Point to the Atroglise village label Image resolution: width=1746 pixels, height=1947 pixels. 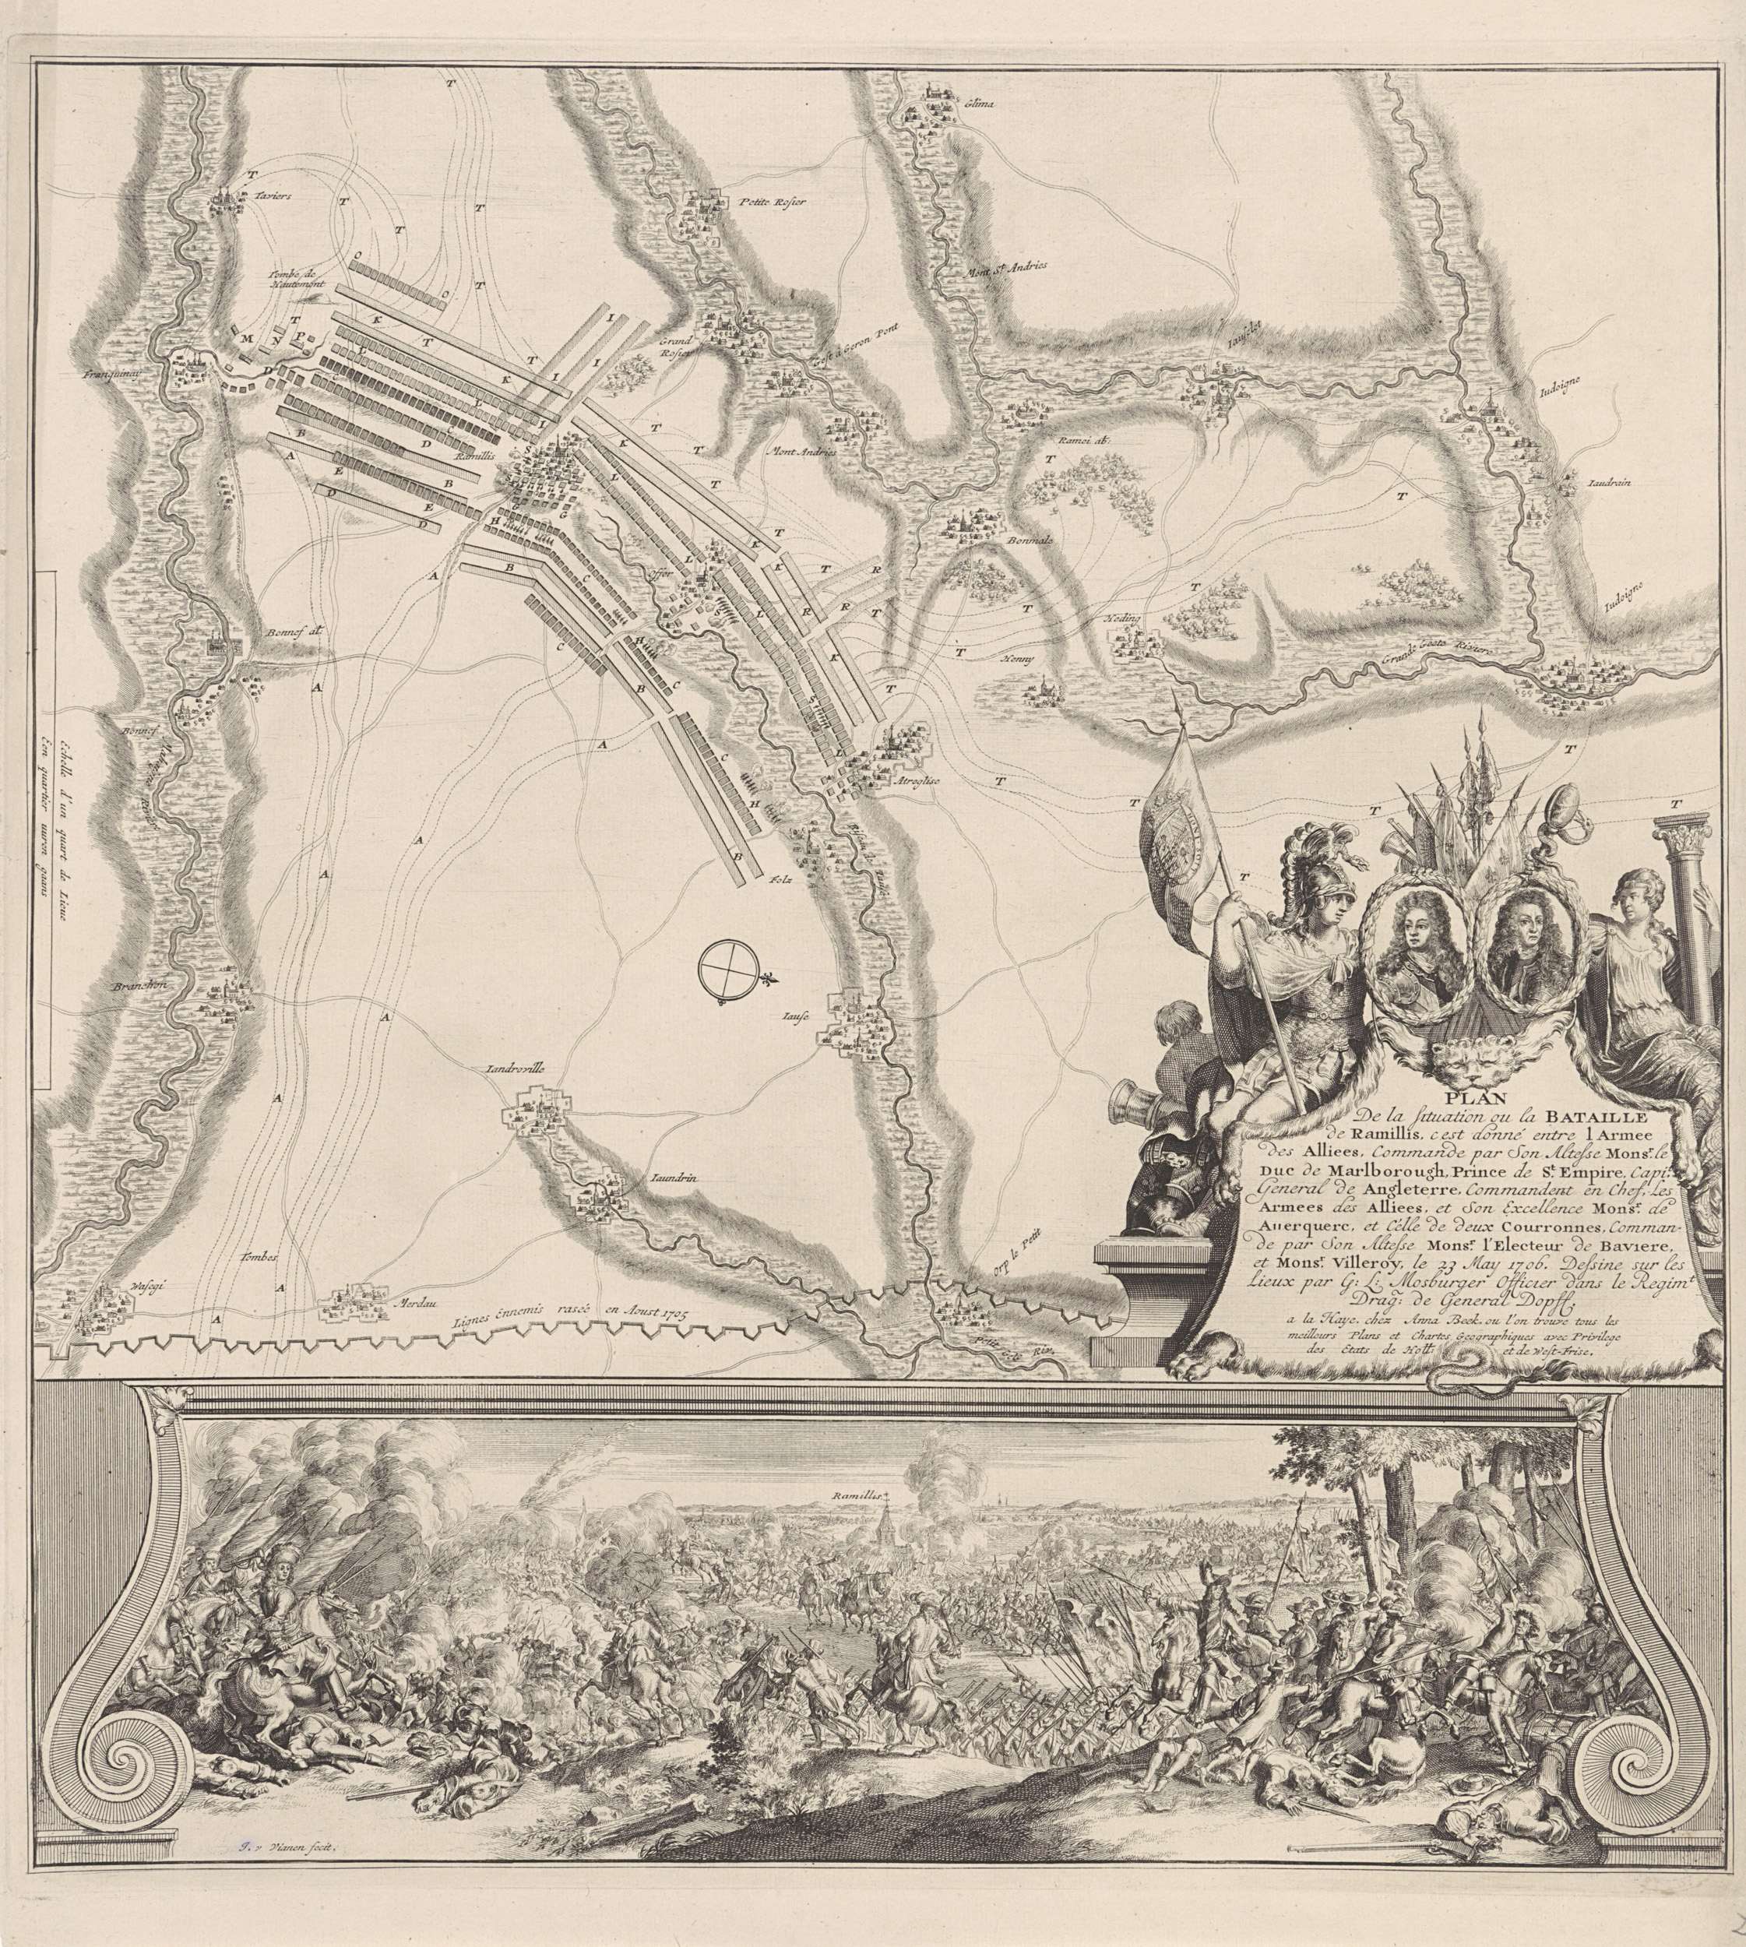[919, 781]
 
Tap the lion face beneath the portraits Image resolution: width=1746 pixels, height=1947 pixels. [1463, 1057]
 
